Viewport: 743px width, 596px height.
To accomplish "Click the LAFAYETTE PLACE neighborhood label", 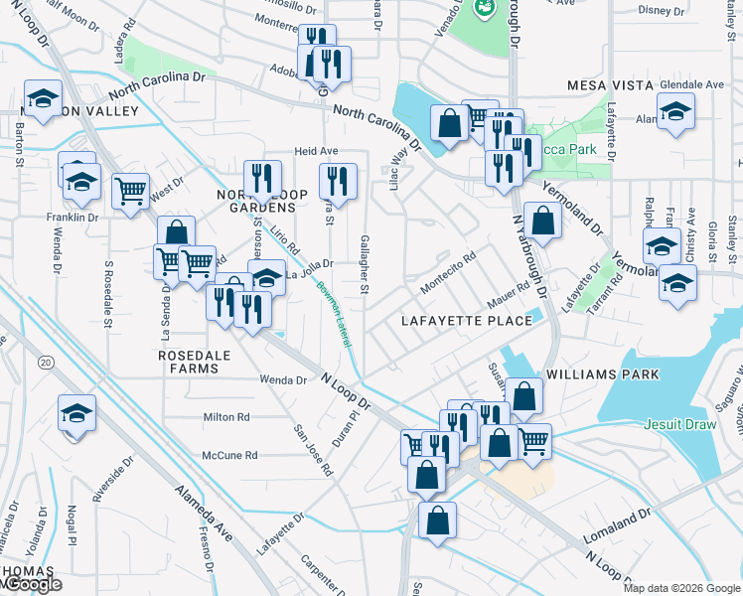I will [466, 321].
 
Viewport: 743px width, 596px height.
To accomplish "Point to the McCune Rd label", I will [229, 455].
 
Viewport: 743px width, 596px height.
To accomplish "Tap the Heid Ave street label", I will [316, 151].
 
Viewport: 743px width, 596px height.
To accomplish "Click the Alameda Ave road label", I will [204, 513].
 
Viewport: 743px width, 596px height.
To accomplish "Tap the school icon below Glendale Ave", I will [675, 110].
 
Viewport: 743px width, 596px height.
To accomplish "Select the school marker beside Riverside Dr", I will [76, 412].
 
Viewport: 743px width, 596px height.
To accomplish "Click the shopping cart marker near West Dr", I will [131, 191].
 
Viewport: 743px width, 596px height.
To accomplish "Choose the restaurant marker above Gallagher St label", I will [339, 182].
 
